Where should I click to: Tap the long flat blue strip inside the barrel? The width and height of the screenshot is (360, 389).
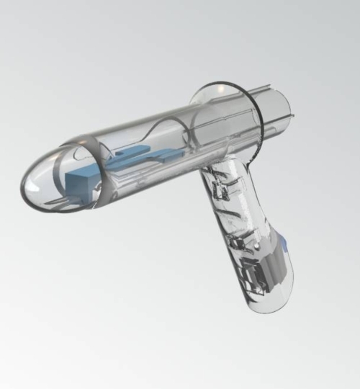coord(148,159)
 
